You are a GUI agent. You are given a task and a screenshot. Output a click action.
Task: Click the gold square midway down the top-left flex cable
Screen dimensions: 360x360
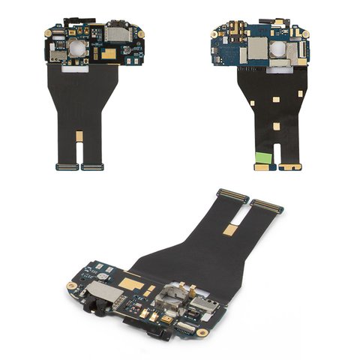click(x=79, y=136)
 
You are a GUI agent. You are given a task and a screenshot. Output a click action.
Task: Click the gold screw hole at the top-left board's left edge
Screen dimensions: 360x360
click(x=49, y=34)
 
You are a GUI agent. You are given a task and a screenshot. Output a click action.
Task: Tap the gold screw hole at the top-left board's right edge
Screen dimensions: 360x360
click(x=139, y=33)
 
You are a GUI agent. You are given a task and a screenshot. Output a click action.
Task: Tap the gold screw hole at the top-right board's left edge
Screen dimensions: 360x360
click(x=217, y=33)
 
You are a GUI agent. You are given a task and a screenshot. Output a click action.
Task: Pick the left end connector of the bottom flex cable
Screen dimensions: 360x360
click(x=233, y=196)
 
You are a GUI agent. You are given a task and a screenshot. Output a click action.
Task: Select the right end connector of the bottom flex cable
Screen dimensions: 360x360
click(x=267, y=205)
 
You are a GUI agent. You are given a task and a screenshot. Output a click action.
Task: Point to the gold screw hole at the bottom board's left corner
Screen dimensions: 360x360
click(x=72, y=286)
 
